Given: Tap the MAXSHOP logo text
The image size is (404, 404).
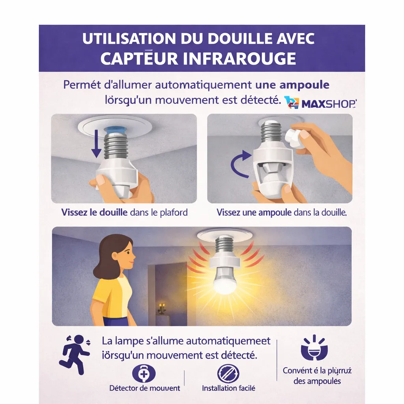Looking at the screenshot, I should click(329, 104).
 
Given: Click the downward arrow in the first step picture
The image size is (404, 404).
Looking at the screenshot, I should click(95, 148).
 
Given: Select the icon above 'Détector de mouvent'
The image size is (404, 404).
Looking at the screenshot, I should click(144, 373).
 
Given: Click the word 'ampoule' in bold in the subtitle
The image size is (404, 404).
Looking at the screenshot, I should click(304, 85).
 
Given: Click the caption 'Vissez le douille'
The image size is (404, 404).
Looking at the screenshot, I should click(94, 212).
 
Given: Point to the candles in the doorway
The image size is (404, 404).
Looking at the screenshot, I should click(161, 307).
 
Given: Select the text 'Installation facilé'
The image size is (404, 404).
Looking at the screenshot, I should click(228, 388).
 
